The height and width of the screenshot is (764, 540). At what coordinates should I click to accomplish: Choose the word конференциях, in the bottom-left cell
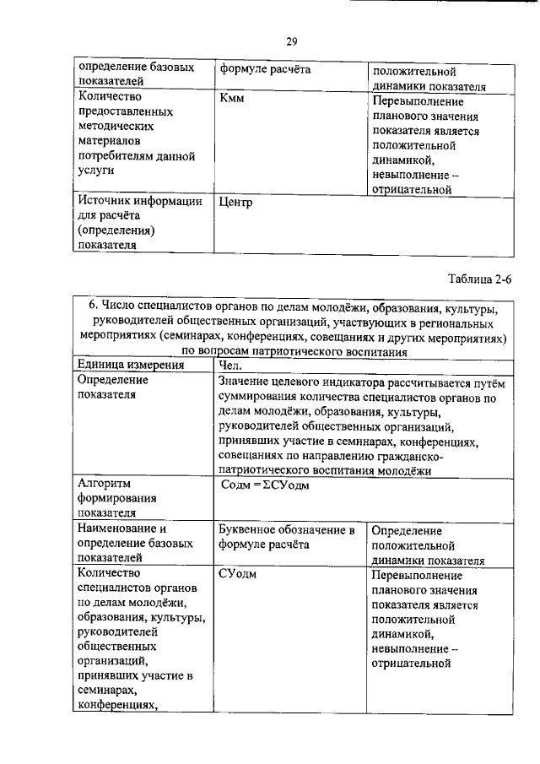click(x=118, y=706)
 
